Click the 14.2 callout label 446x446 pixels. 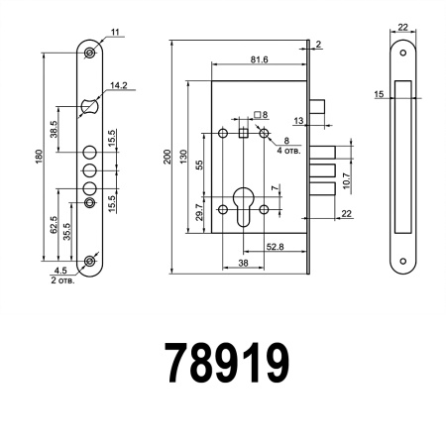pos(119,86)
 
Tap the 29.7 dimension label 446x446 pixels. pos(198,209)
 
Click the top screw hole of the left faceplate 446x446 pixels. pos(90,53)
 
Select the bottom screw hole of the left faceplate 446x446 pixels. pos(90,261)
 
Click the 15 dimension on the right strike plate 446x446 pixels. pos(380,94)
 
